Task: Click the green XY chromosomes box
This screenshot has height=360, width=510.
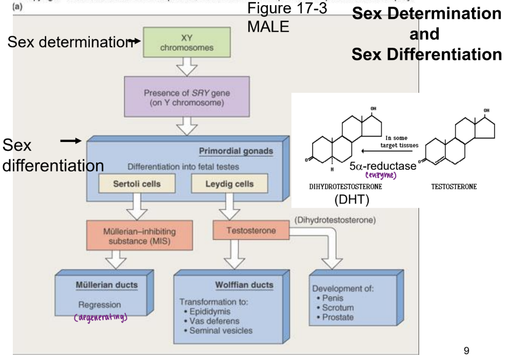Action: [x=187, y=43]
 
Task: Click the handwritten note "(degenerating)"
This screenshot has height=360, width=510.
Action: [x=100, y=316]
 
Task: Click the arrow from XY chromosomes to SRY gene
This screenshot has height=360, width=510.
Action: [x=186, y=66]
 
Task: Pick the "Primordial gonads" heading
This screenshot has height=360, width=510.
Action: [x=236, y=151]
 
